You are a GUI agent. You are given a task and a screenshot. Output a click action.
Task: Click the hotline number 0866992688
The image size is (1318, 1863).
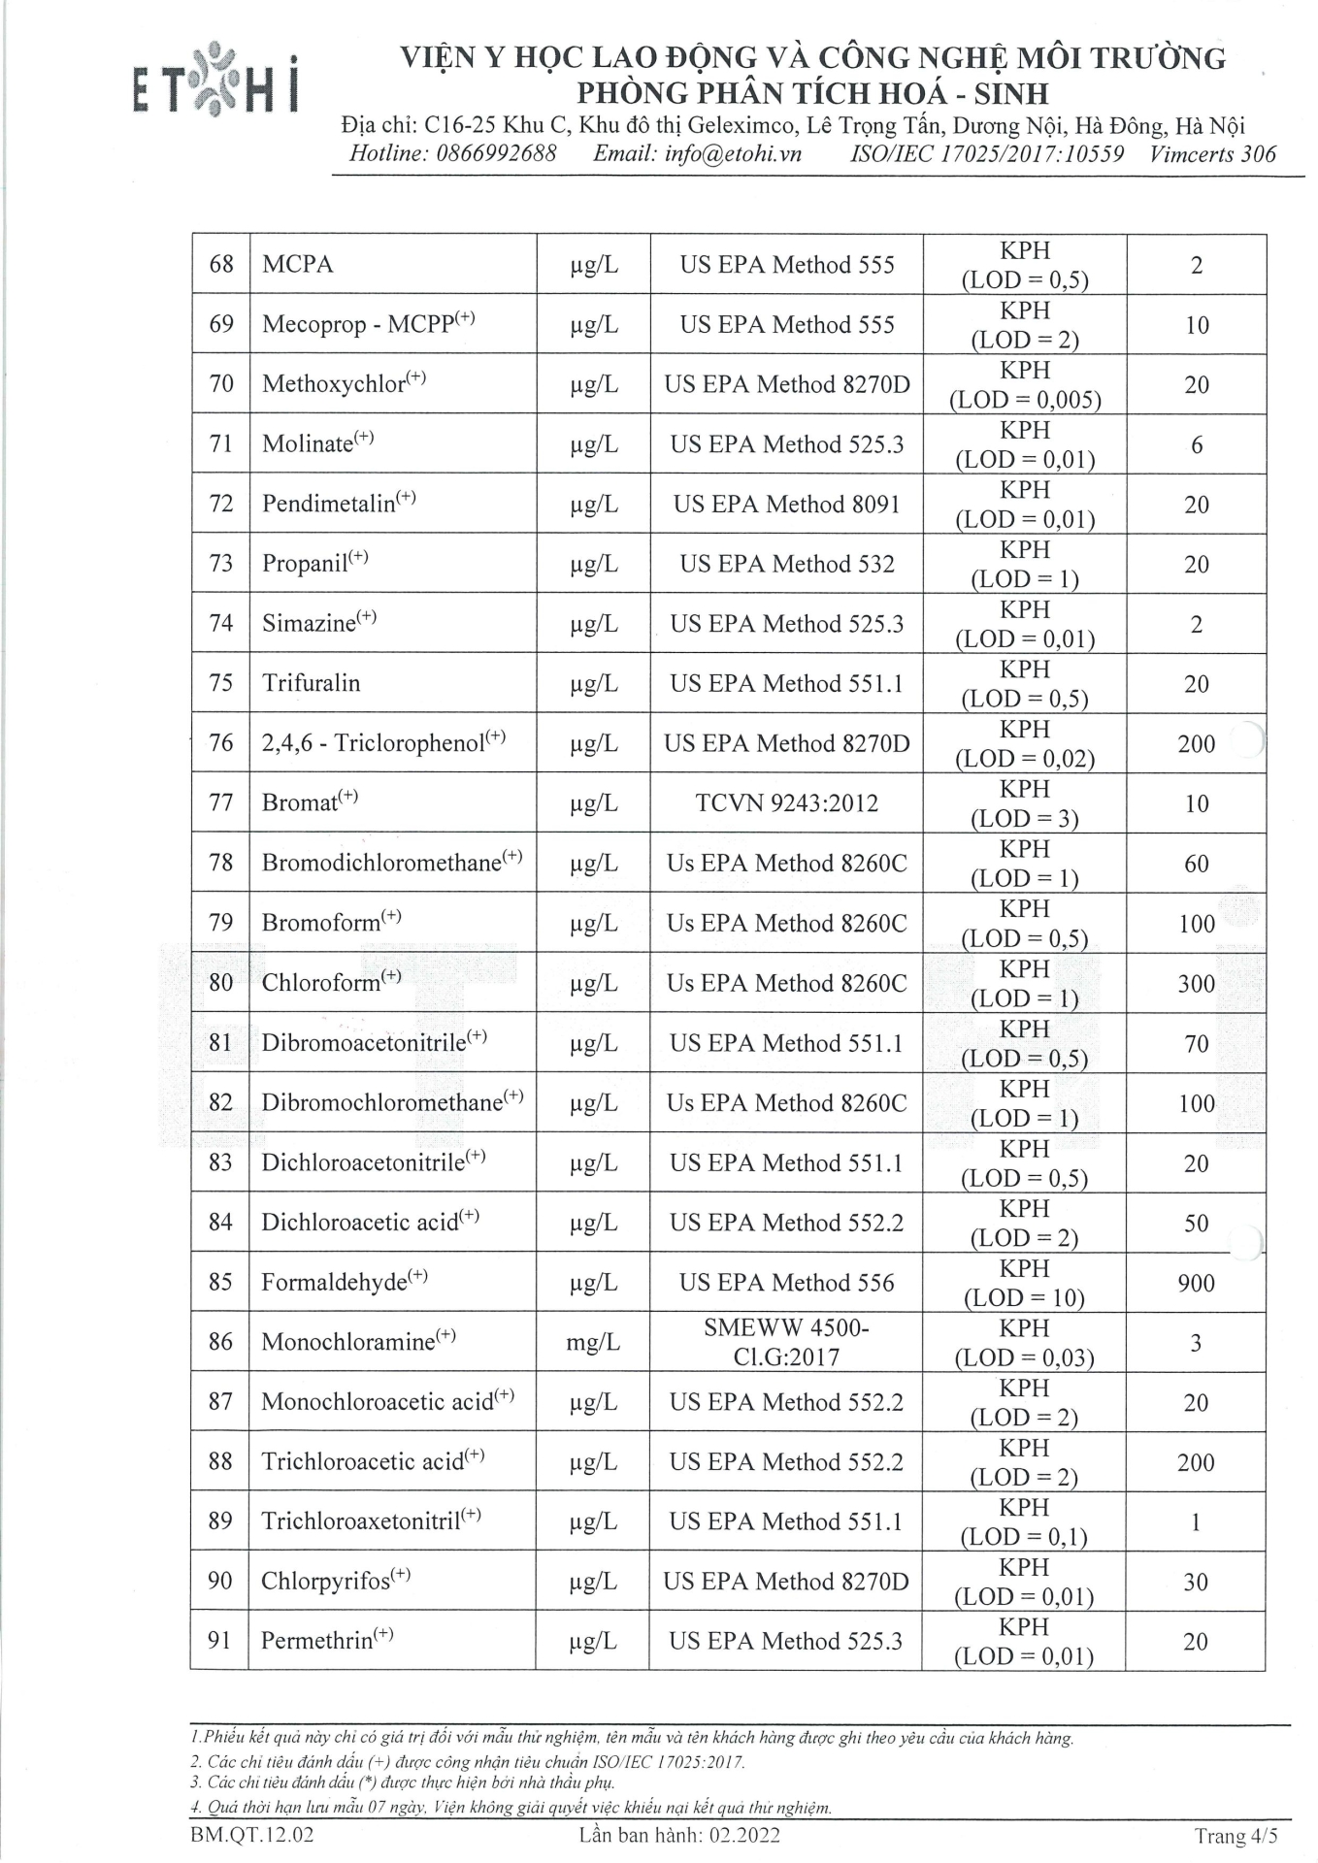pos(496,153)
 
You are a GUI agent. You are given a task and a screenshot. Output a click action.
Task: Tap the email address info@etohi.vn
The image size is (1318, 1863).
pos(733,153)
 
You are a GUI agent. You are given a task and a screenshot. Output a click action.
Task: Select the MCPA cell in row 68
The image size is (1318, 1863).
pos(297,265)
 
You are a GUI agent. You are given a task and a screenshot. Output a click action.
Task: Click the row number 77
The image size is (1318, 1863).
pos(221,803)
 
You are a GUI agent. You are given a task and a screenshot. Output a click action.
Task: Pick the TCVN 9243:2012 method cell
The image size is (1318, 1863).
pos(786,803)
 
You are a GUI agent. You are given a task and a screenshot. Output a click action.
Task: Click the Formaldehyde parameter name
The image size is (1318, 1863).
pos(334,1283)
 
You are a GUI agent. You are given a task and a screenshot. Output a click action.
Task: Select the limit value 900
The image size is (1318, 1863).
pos(1196,1284)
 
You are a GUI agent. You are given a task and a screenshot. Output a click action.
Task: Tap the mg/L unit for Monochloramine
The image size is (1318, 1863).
pos(592,1343)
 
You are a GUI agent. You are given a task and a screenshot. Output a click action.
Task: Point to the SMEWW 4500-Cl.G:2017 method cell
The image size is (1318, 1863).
pos(786,1342)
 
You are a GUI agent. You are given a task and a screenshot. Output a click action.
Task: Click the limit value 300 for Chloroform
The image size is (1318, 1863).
pos(1196,984)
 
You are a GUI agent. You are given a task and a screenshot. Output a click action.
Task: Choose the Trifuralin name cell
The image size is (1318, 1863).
pos(311,683)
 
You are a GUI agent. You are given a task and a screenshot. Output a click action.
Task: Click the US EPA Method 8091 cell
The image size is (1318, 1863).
pos(786,505)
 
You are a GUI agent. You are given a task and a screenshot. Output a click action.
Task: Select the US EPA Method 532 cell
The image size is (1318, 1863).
pos(786,564)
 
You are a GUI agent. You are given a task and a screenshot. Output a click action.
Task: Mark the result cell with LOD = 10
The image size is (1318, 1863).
pos(1025,1283)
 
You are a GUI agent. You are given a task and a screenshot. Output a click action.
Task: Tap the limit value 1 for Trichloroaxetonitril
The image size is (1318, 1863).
pos(1196,1522)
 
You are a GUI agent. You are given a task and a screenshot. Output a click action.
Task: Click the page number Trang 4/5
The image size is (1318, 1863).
pos(1236,1836)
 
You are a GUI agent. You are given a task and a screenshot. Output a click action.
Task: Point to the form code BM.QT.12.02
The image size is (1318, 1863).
pos(253,1835)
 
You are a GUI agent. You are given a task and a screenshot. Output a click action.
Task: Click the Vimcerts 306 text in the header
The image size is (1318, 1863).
pos(1212,153)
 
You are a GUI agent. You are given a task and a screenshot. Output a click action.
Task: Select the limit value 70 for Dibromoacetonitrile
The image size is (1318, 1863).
pos(1196,1044)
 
